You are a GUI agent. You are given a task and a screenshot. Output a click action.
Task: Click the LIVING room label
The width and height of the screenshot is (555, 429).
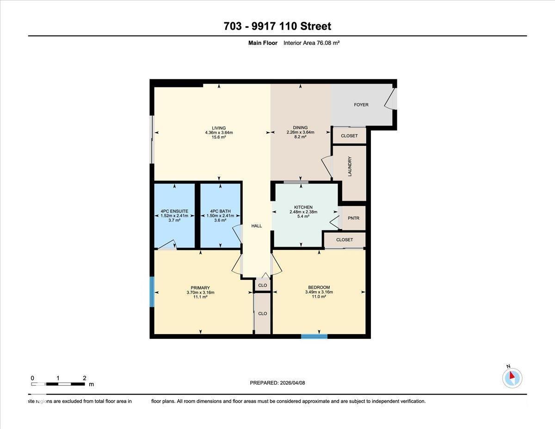219,128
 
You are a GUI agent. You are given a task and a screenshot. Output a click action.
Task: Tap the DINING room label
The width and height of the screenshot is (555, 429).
300,128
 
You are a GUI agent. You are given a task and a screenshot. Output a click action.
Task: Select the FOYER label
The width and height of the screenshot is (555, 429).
361,105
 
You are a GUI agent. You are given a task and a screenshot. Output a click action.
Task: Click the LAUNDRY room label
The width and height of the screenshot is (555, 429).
350,167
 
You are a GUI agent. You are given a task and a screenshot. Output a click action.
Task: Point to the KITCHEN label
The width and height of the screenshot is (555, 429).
303,207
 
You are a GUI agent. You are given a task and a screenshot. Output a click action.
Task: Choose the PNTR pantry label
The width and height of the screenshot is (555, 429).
353,218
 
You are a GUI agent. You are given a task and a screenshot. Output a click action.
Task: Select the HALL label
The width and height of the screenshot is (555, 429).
256,226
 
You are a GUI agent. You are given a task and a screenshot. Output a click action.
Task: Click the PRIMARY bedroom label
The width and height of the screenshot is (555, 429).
200,288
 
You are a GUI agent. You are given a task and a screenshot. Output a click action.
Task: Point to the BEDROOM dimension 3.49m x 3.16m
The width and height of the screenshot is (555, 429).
319,292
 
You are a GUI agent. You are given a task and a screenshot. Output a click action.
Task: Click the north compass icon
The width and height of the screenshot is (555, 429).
512,378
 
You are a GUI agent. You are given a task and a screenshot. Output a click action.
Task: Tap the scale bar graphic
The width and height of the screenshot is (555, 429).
58,384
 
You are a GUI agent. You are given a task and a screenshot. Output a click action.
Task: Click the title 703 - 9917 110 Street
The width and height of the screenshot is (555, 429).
277,26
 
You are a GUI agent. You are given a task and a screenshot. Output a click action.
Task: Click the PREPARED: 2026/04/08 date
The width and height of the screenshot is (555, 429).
277,383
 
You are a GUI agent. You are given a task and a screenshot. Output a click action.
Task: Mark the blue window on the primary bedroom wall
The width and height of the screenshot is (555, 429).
151,292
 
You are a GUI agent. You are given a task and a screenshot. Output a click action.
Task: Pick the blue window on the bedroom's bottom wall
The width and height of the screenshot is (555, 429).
314,336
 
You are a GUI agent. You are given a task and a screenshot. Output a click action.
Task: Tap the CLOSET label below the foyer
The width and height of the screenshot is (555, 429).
349,136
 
